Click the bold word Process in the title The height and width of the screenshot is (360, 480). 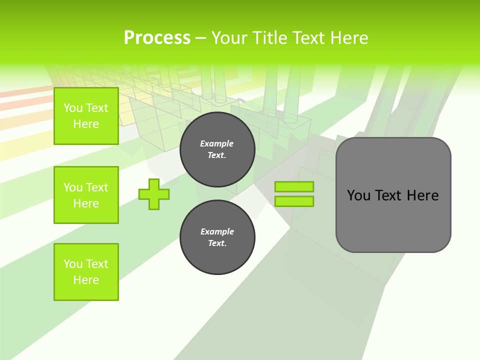tap(157, 38)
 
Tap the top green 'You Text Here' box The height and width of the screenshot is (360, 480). tap(86, 116)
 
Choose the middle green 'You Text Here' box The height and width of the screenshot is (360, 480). tap(86, 195)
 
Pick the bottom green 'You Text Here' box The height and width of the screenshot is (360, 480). tap(86, 272)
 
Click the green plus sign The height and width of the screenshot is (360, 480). tap(154, 194)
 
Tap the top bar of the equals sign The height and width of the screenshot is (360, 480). tap(294, 187)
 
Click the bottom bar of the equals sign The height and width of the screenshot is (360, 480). tap(294, 201)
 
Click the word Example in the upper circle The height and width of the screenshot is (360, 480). tap(217, 143)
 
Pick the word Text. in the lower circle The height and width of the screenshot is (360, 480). tap(217, 243)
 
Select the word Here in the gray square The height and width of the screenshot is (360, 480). tap(422, 195)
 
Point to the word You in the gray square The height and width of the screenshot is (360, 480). tap(358, 195)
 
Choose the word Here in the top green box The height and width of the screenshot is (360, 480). tap(86, 124)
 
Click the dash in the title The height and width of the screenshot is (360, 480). tap(201, 38)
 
